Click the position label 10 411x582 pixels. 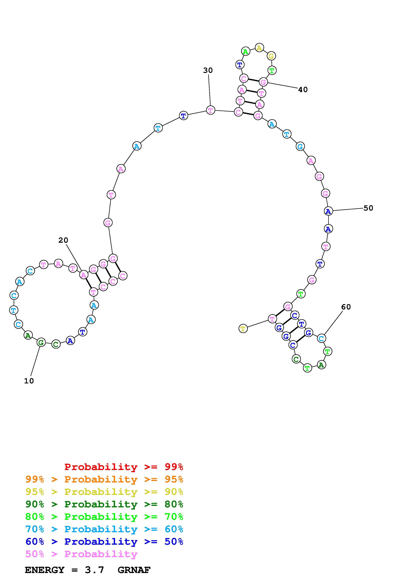point(29,381)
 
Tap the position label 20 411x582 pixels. point(63,240)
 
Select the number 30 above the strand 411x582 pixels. point(208,71)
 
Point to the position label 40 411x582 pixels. point(303,90)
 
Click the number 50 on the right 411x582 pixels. point(368,208)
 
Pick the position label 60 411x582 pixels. point(346,307)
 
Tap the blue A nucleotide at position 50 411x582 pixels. point(328,211)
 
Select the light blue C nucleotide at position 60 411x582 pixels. point(321,338)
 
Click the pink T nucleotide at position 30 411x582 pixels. point(210,110)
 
